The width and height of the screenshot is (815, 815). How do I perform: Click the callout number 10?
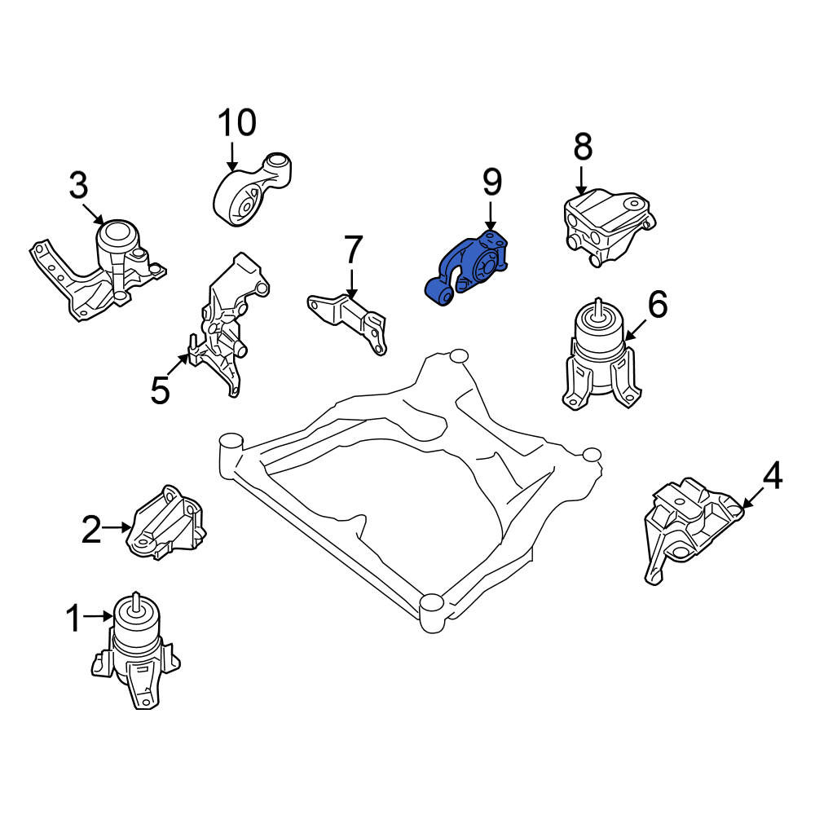coord(237,123)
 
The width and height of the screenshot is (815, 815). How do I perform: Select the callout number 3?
coord(78,186)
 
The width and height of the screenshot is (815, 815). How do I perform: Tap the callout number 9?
coord(491,182)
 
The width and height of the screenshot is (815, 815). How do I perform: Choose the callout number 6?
coord(658,304)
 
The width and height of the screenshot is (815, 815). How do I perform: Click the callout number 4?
coord(773,476)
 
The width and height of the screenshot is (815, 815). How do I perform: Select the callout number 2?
coord(91,529)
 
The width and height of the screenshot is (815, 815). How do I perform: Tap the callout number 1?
coord(74,618)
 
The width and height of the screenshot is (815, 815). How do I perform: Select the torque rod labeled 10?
coord(253,189)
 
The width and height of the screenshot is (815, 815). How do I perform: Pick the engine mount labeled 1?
coord(136,650)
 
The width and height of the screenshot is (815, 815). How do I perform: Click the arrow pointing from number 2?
coord(117,527)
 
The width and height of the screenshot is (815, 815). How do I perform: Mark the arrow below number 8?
coord(581,180)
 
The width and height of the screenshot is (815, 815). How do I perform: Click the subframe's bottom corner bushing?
coord(431,613)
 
